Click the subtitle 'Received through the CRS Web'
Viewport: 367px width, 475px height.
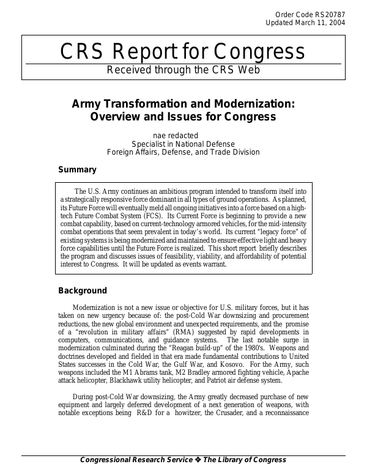coord(183,70)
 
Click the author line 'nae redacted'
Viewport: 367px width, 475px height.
coord(183,135)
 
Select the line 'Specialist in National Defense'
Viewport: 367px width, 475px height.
coord(183,144)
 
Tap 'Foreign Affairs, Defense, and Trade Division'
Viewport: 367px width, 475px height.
coord(183,152)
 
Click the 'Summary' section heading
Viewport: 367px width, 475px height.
coord(77,169)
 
